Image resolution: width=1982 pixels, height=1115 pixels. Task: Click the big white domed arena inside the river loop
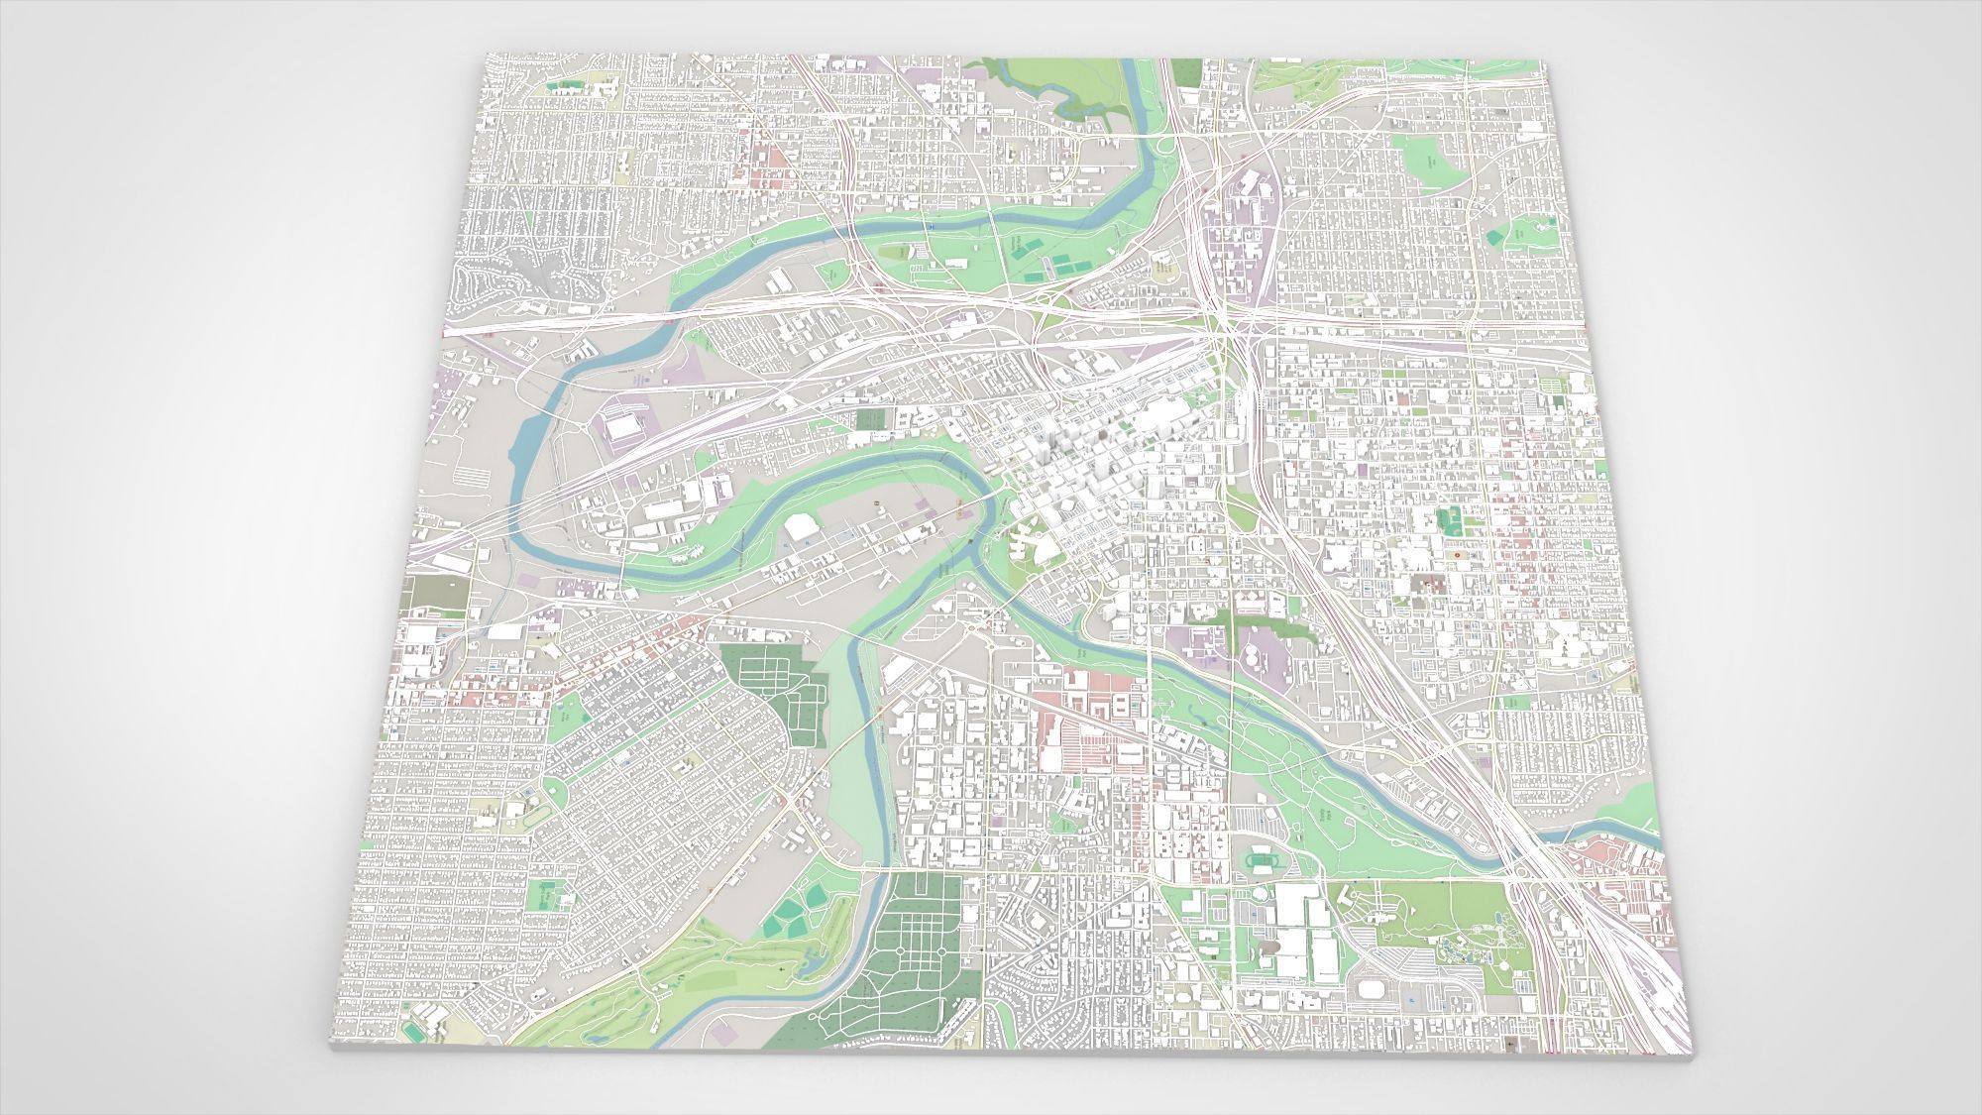[804, 527]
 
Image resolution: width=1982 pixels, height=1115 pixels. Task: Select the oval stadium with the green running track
[1262, 861]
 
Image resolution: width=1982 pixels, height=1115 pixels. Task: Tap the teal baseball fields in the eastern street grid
[1451, 519]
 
